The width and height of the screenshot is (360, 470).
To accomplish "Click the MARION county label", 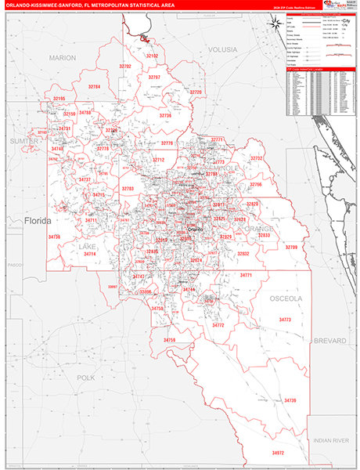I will point(62,58).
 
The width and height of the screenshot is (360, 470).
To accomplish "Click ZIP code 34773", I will point(285,320).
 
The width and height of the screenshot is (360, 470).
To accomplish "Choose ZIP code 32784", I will point(95,86).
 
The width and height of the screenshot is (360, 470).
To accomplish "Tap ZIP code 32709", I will point(291,248).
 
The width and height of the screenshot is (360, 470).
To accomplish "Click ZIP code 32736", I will point(165,115).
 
